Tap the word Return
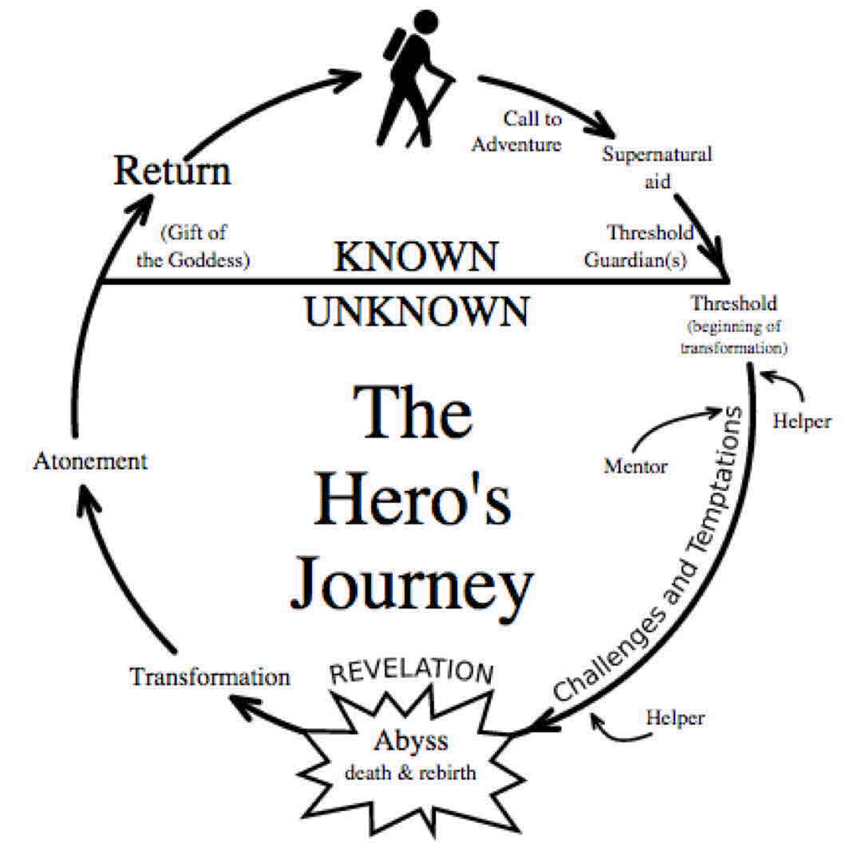(x=172, y=172)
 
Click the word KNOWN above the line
(x=416, y=257)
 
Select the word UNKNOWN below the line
(x=416, y=311)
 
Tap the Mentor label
(x=635, y=466)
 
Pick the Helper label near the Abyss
(x=675, y=718)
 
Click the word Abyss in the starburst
(x=411, y=741)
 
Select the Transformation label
(x=210, y=678)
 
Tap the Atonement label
(x=90, y=461)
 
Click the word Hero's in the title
(x=411, y=501)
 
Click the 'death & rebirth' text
(x=411, y=773)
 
